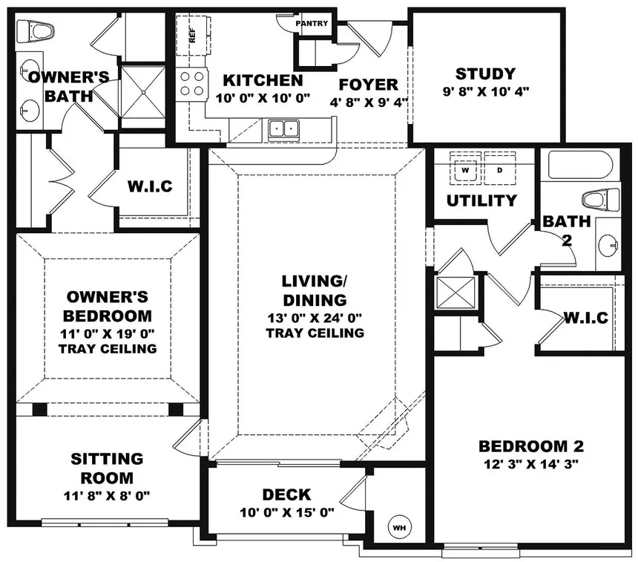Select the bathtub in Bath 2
583,165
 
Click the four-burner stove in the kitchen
192,83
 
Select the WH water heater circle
400,527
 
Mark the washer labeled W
466,169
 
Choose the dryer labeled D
499,169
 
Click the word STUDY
485,73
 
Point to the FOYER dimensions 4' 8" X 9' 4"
369,102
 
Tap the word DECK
286,495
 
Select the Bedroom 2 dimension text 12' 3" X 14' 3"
531,463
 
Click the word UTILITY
481,200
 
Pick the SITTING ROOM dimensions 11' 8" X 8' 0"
107,495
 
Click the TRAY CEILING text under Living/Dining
315,333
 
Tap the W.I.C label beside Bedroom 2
585,318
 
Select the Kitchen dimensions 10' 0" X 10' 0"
263,97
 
